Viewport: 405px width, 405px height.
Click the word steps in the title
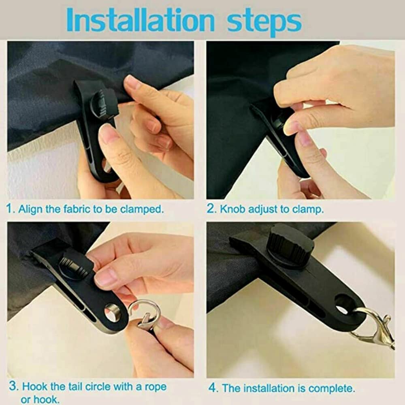pos(264,20)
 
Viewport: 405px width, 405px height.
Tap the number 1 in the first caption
pos(10,209)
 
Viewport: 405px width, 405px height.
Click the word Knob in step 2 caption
pos(232,209)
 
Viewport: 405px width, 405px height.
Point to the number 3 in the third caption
pos(13,386)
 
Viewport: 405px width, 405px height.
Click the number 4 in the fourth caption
pos(213,388)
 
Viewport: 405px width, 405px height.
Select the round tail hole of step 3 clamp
pos(113,313)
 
